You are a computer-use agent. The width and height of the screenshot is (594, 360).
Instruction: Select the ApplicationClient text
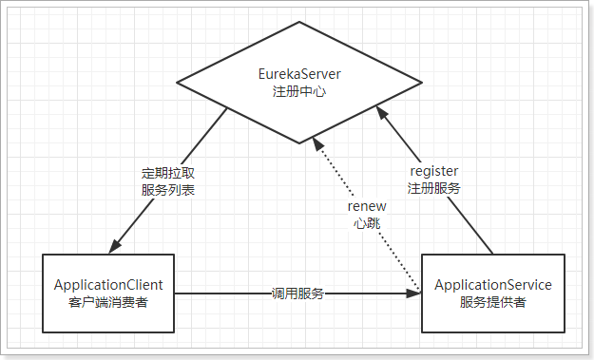[x=108, y=284]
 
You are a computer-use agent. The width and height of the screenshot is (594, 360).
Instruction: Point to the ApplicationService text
[x=492, y=284]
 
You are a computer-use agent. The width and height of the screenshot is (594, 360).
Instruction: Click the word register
[x=434, y=171]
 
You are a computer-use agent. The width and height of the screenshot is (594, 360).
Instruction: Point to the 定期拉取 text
[x=164, y=173]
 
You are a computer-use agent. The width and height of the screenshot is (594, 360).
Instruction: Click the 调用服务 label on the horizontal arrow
[x=298, y=294]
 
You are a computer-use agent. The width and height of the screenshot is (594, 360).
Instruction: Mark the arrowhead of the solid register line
[x=382, y=112]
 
